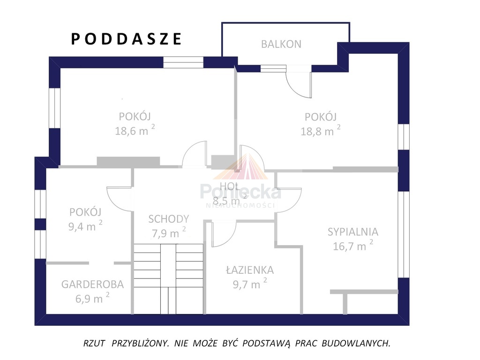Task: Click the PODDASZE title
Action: click(127, 39)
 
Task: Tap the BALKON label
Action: click(281, 44)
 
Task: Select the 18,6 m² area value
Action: click(135, 130)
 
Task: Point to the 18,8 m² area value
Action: click(321, 131)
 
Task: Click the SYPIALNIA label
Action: click(352, 232)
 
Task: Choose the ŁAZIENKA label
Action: click(250, 270)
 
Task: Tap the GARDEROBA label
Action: click(92, 285)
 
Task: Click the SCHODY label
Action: click(169, 219)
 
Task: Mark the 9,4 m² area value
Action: click(85, 226)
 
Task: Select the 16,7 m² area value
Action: click(353, 246)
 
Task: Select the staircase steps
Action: click(168, 279)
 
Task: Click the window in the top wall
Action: click(183, 62)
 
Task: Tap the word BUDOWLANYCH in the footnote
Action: click(356, 343)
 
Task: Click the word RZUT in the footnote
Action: click(94, 343)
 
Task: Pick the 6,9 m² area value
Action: click(92, 298)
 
